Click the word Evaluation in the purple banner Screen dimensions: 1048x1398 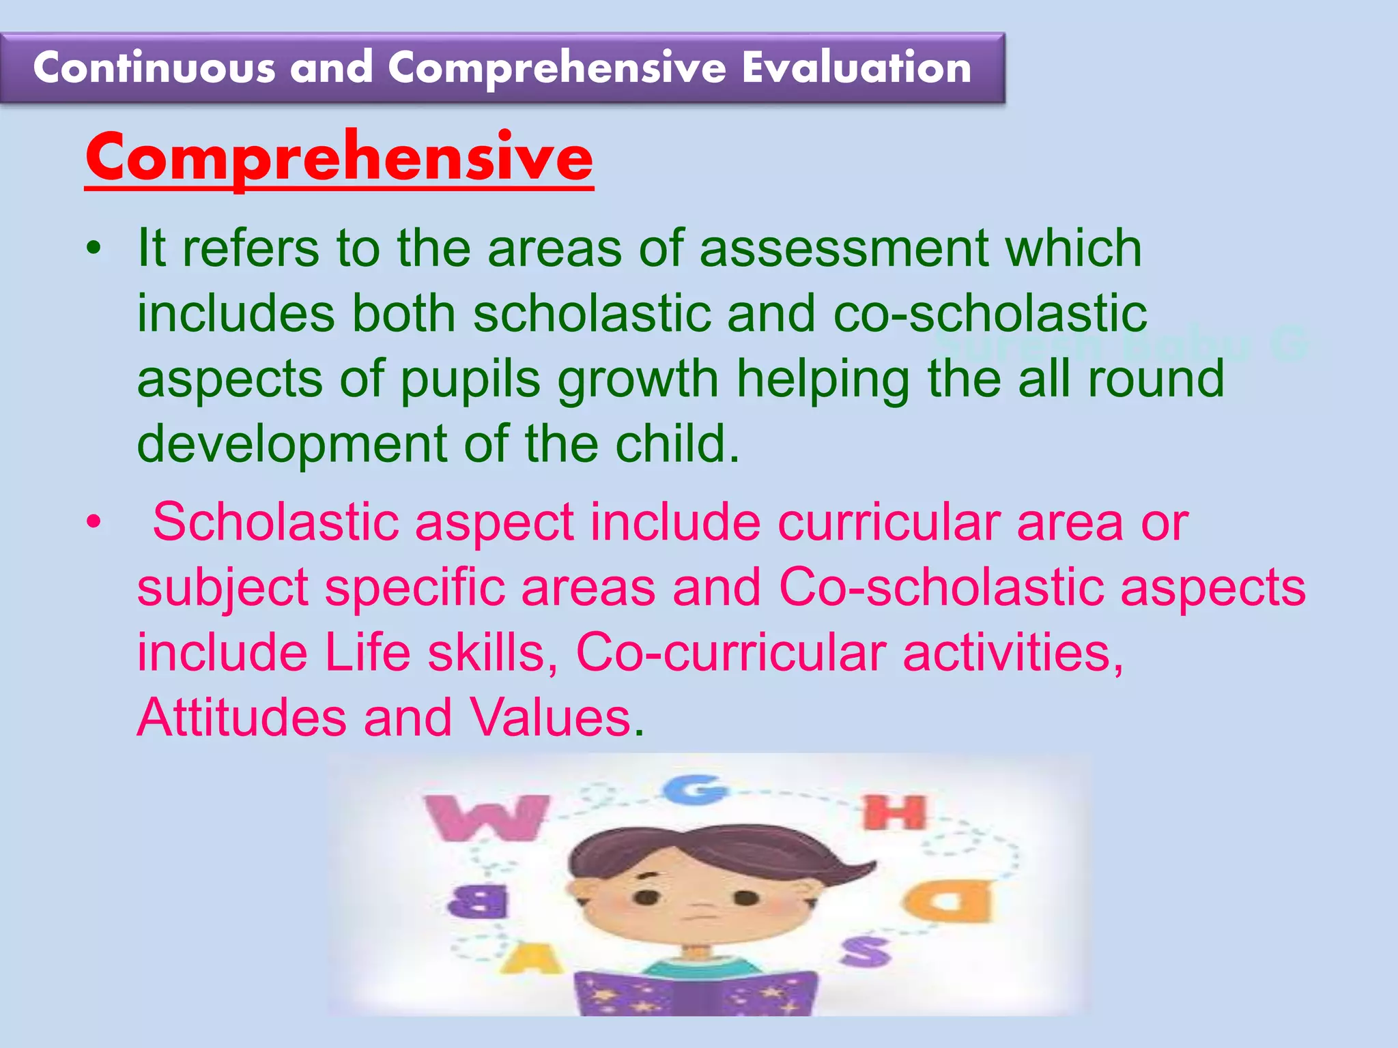[x=857, y=68]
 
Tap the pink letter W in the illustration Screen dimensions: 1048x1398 [x=486, y=817]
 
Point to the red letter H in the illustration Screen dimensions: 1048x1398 [x=895, y=813]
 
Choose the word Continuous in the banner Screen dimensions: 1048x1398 [x=154, y=68]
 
